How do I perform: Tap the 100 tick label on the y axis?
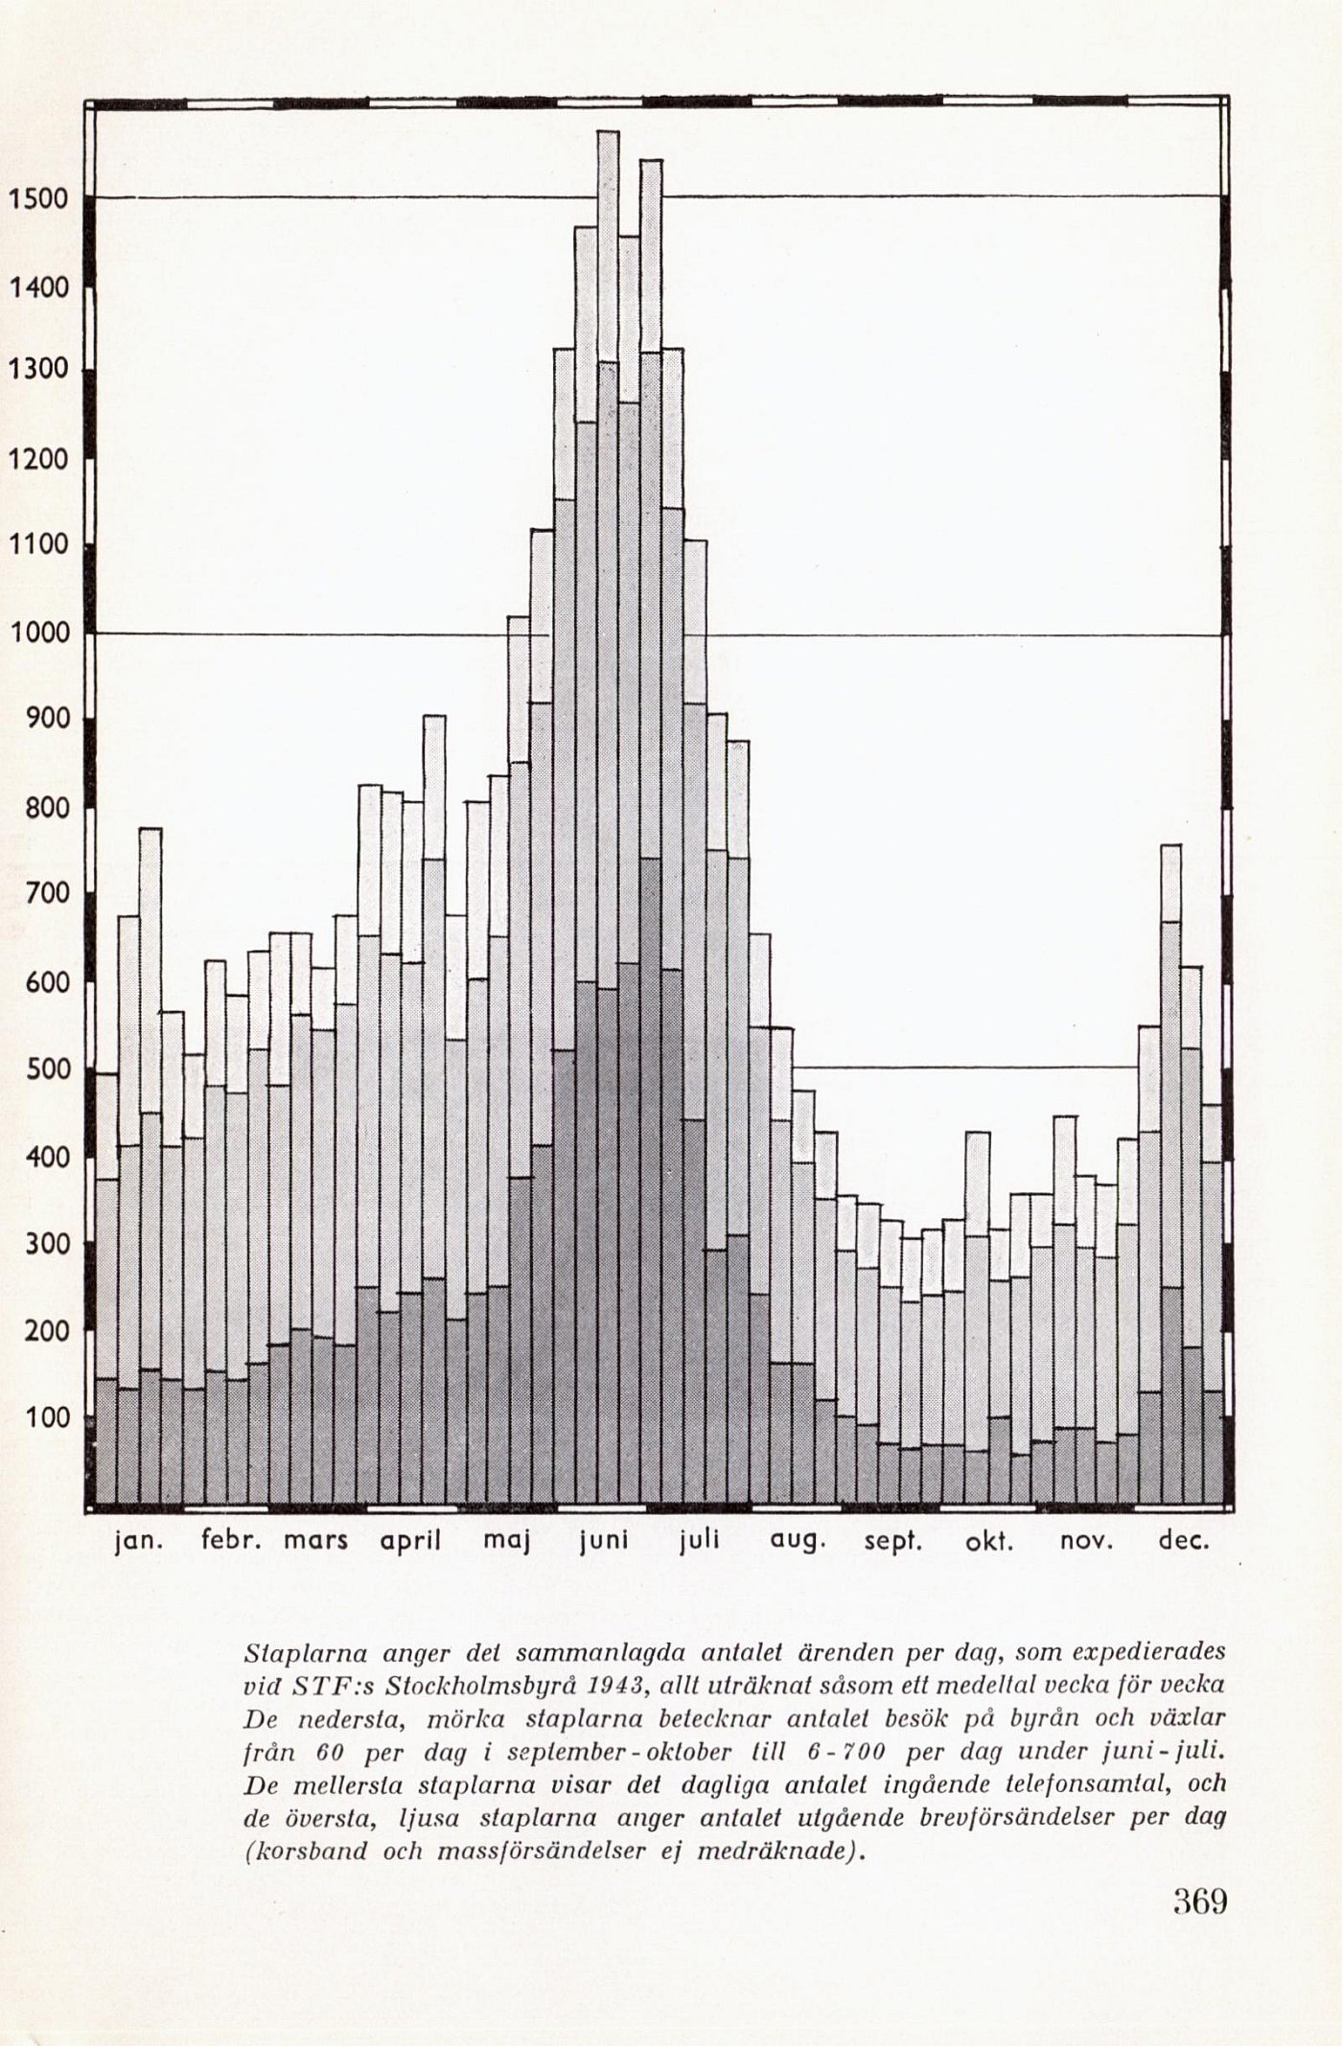[44, 1417]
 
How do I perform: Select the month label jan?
[138, 1542]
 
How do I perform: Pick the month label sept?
[892, 1542]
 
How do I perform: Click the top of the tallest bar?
[608, 132]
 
